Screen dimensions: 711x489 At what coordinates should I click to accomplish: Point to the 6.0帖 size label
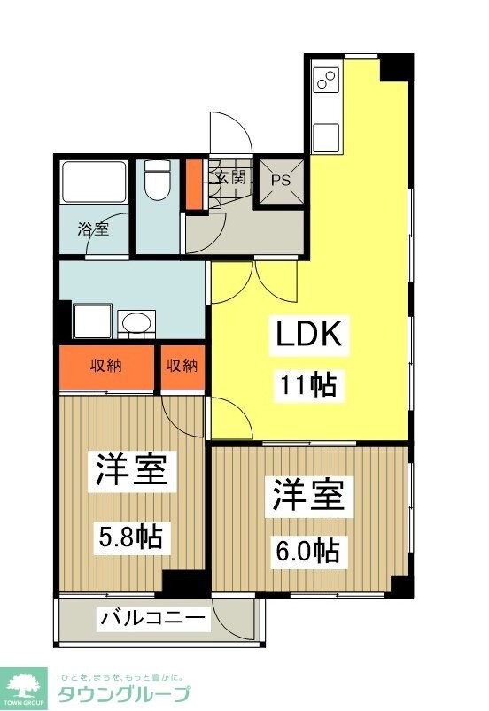(308, 550)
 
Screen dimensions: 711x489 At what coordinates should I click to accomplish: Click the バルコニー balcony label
(152, 617)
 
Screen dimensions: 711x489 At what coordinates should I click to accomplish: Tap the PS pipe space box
(281, 181)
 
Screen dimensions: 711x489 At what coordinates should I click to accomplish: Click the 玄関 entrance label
(230, 175)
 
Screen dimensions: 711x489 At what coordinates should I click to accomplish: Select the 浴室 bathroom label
(92, 229)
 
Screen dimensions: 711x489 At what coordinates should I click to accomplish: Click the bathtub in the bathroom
(93, 182)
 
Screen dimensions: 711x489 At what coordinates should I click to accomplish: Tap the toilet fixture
(158, 181)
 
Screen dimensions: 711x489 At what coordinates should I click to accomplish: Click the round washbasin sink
(136, 322)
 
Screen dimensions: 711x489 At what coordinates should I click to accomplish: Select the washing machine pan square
(93, 320)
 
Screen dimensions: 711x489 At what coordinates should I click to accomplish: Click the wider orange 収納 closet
(106, 367)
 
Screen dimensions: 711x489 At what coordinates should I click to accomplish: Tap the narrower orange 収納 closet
(182, 367)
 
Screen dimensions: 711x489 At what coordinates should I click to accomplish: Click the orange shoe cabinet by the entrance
(194, 182)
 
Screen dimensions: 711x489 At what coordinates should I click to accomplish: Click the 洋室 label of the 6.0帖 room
(308, 497)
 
